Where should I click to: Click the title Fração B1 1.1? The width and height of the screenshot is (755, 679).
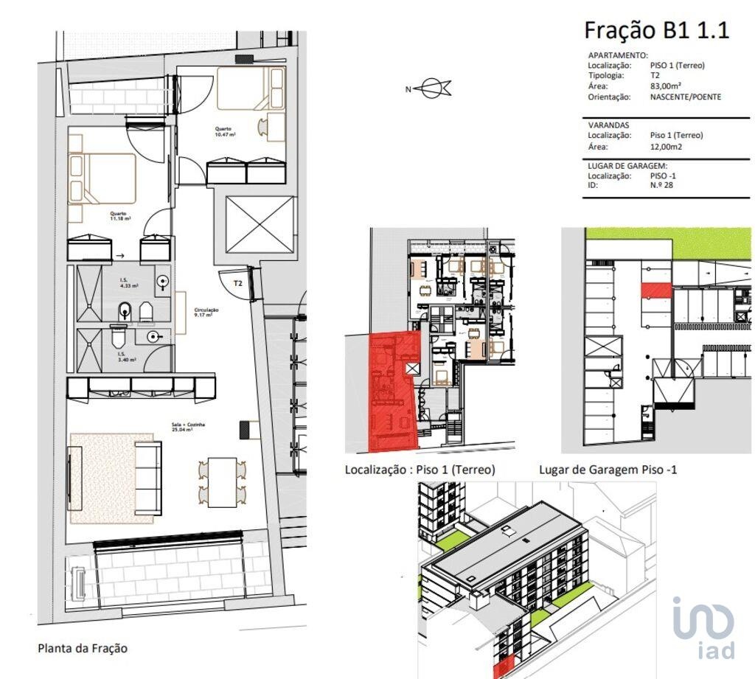656,30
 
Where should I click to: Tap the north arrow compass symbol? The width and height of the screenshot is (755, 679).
429,89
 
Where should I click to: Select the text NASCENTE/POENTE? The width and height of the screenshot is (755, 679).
685,97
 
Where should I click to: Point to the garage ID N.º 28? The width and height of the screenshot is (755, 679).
661,185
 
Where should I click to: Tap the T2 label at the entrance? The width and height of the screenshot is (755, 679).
238,283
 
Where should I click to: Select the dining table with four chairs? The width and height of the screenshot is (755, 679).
222,482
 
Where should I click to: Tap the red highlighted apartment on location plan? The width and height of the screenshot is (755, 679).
391,398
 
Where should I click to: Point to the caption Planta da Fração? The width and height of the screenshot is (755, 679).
83,649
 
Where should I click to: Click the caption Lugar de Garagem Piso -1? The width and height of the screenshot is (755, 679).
608,469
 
